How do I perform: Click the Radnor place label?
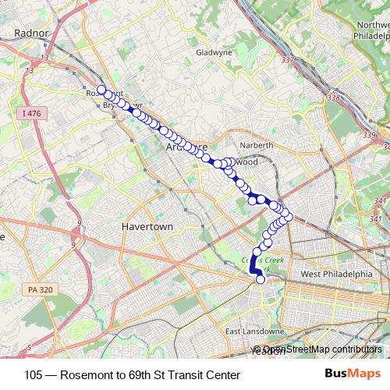31,33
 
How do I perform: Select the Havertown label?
146,225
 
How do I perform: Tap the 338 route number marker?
335,97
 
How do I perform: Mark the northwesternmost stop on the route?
101,89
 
